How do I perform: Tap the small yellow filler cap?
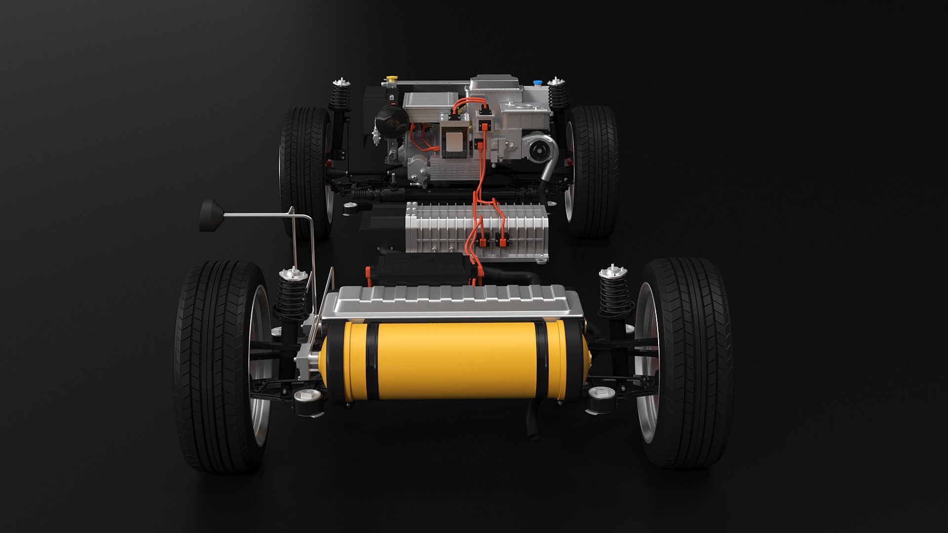click(392, 78)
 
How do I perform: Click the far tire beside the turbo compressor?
click(592, 170)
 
